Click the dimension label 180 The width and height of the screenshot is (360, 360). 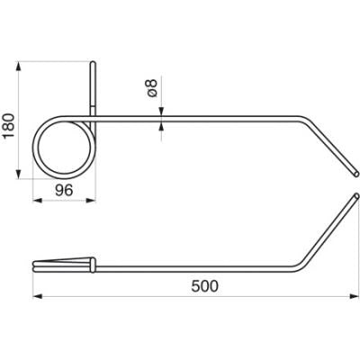[x=9, y=125]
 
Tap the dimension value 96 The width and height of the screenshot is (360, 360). [x=64, y=190]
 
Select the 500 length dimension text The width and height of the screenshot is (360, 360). [x=205, y=286]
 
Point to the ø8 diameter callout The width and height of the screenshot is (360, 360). [x=152, y=88]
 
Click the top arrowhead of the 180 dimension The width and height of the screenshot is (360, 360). [x=19, y=67]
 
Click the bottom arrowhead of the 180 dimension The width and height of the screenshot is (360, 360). [x=19, y=174]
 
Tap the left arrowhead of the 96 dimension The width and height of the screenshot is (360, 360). [x=37, y=201]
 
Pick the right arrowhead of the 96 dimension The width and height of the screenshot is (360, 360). [x=91, y=201]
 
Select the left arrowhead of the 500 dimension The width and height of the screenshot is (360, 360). [x=37, y=296]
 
